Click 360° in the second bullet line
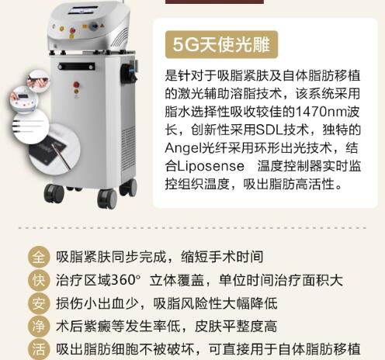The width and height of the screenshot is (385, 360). pos(120,281)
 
